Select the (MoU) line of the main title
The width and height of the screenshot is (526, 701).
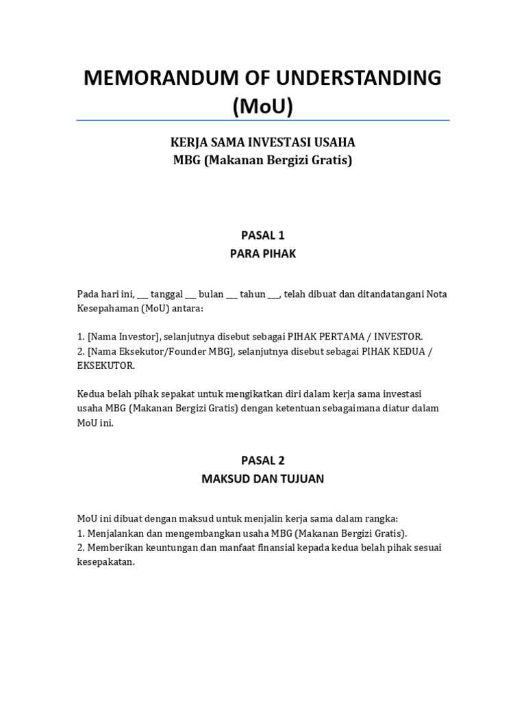(263, 106)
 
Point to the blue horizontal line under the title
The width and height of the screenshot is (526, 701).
(263, 120)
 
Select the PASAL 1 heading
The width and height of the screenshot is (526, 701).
(262, 235)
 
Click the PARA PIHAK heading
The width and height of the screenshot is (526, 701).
(262, 255)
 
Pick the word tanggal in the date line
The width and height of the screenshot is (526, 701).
(166, 294)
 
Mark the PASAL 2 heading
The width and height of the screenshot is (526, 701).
(262, 460)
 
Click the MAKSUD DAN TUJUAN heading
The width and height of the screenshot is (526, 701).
(262, 479)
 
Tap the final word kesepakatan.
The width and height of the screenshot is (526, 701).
(106, 562)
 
